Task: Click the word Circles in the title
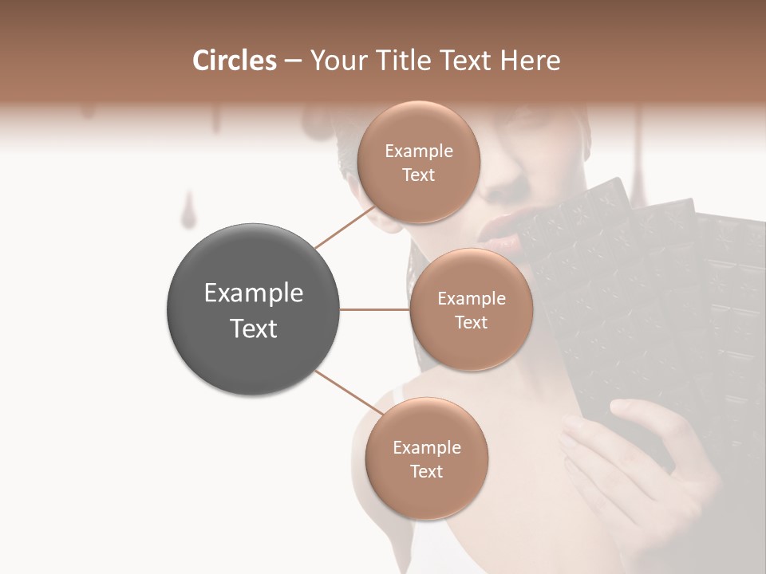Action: pos(235,61)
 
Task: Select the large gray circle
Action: pos(254,309)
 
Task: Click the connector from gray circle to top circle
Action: pos(345,227)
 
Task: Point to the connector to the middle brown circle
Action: pos(375,309)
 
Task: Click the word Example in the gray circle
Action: pos(254,293)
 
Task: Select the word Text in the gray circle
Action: pos(254,328)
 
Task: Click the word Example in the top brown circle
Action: pos(418,151)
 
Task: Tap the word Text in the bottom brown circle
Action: pos(426,472)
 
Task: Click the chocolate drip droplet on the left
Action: pos(188,215)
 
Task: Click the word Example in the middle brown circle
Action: pos(471,299)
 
